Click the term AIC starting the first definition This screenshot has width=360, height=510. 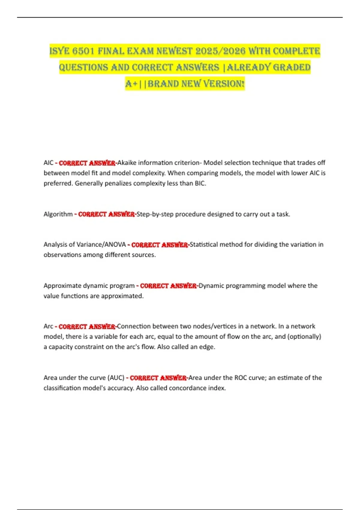(x=48, y=163)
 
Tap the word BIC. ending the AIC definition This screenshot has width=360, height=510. (x=200, y=183)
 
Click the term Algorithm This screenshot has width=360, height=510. (x=58, y=214)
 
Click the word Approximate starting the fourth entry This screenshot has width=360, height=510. (x=62, y=286)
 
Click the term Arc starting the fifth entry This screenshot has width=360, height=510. (x=48, y=326)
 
